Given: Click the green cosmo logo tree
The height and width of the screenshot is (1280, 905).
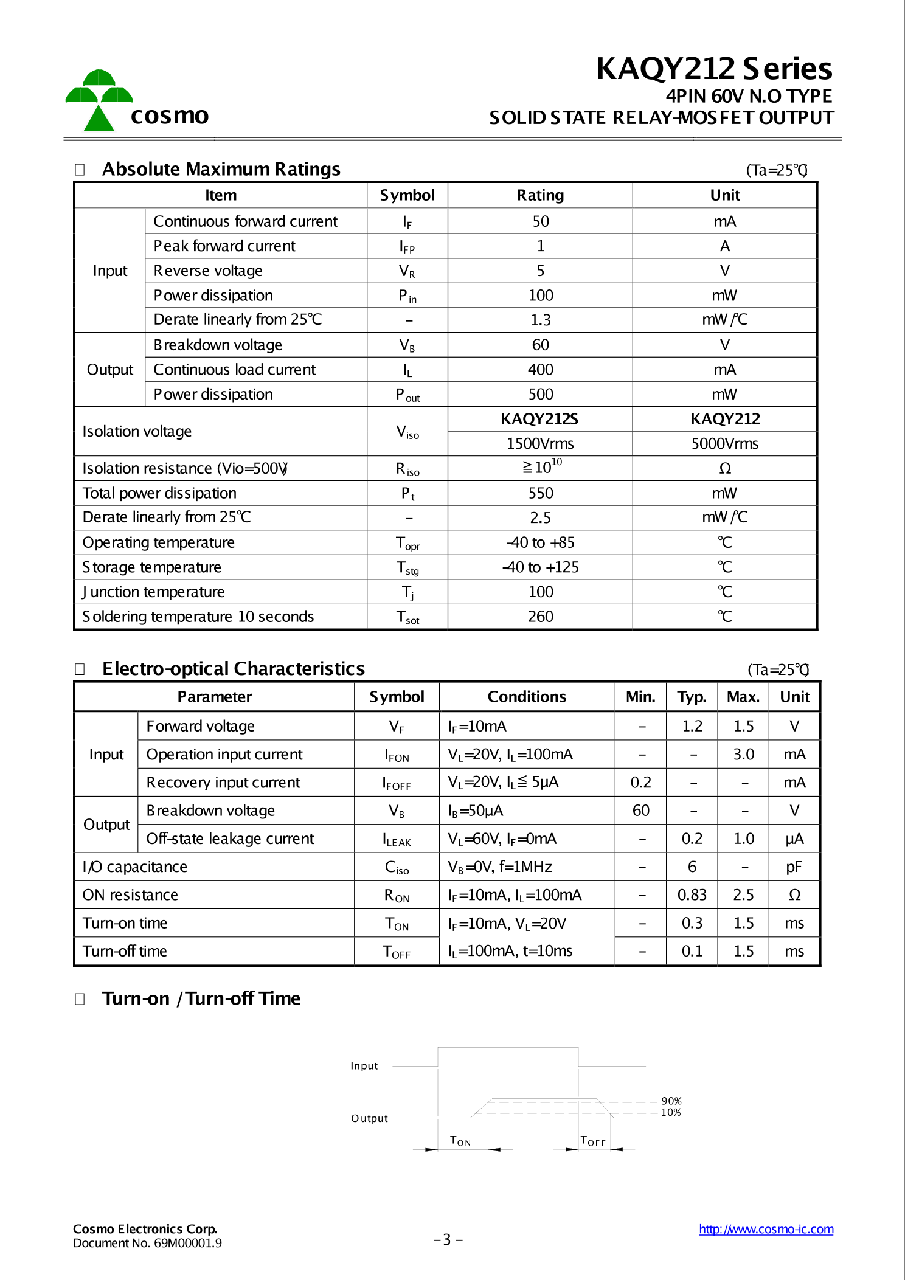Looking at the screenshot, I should pyautogui.click(x=99, y=100).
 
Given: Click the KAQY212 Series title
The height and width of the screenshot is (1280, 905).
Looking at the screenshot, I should pyautogui.click(x=714, y=69).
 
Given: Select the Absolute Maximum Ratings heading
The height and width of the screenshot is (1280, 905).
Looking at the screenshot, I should pyautogui.click(x=221, y=169).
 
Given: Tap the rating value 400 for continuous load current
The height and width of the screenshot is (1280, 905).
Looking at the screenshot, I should pyautogui.click(x=540, y=370).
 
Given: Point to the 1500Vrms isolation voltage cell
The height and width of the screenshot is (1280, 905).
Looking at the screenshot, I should pyautogui.click(x=540, y=444).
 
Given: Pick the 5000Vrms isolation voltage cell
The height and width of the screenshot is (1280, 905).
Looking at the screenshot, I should pyautogui.click(x=724, y=444).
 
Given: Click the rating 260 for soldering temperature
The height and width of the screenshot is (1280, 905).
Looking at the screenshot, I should pyautogui.click(x=540, y=617).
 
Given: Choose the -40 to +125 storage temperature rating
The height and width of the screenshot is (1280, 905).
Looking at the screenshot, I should pyautogui.click(x=540, y=567).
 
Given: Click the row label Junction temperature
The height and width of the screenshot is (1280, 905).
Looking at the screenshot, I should pyautogui.click(x=153, y=592).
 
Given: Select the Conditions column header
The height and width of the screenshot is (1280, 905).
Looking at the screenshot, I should pyautogui.click(x=527, y=697).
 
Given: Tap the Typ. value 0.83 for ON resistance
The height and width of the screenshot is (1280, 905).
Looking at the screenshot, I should pyautogui.click(x=692, y=895).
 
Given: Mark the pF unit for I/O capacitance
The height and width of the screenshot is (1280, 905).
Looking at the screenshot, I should pyautogui.click(x=794, y=867).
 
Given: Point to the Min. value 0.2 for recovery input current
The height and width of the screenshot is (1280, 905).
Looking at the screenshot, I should pyautogui.click(x=641, y=783).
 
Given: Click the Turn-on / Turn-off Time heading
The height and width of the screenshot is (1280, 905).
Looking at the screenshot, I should pyautogui.click(x=201, y=998).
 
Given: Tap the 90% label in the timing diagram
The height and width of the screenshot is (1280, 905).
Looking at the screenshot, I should pyautogui.click(x=671, y=1101).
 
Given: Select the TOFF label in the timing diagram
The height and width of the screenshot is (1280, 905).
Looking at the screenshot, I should pyautogui.click(x=593, y=1141).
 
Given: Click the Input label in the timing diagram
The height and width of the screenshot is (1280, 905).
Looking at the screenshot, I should pyautogui.click(x=364, y=1066).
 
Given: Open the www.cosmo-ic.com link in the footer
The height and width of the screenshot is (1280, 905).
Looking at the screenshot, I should pyautogui.click(x=766, y=1229).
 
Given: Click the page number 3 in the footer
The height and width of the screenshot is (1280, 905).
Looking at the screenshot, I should pyautogui.click(x=448, y=1239).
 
